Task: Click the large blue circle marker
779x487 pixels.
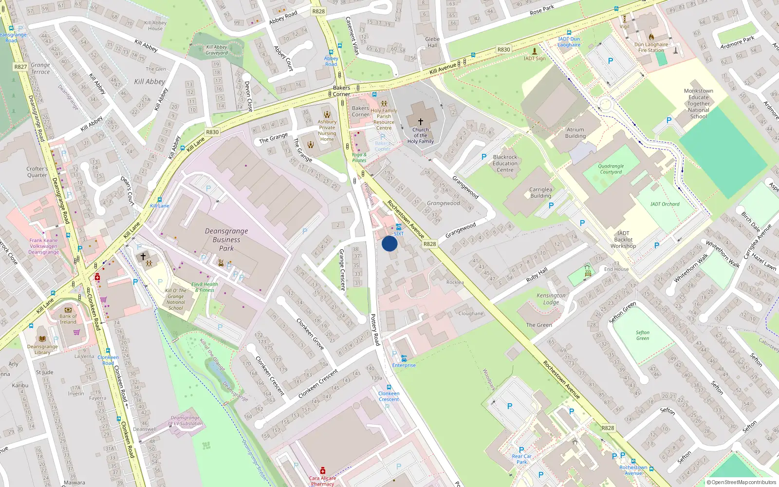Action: click(x=389, y=243)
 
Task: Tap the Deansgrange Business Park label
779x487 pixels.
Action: click(x=226, y=240)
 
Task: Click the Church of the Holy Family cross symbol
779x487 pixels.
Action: click(x=421, y=122)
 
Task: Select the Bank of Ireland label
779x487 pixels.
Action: click(x=68, y=319)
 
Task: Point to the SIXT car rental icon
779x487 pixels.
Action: click(x=399, y=227)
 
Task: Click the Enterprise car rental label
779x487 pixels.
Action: click(x=404, y=365)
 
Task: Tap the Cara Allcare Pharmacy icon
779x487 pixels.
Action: click(x=322, y=471)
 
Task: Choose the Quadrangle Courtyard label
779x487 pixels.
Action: click(x=611, y=169)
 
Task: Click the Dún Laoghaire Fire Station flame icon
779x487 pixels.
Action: click(x=651, y=37)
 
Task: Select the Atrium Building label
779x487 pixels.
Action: click(x=575, y=133)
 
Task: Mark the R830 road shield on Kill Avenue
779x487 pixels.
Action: click(x=503, y=50)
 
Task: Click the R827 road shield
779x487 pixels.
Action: click(x=20, y=67)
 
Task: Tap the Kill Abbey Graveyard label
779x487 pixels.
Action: click(x=217, y=50)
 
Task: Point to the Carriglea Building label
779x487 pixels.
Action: click(x=540, y=192)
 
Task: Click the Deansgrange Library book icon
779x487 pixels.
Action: click(x=42, y=338)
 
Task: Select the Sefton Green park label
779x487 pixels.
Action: click(x=642, y=335)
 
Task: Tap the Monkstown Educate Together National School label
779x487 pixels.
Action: click(x=698, y=103)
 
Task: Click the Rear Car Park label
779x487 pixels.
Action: click(x=521, y=459)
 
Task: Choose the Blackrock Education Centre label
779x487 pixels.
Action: click(x=505, y=163)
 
